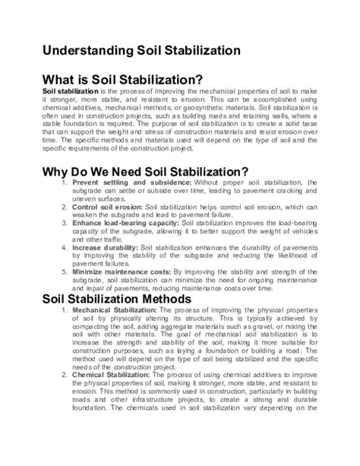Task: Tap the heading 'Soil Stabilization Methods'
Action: pyautogui.click(x=126, y=299)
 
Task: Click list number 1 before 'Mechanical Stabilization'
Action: pyautogui.click(x=64, y=312)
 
